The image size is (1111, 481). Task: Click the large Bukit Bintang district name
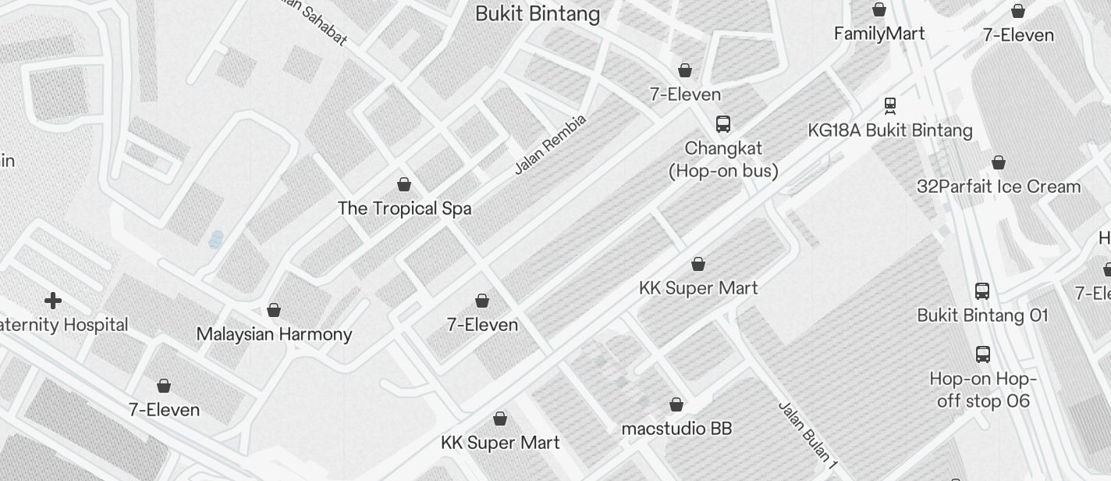pyautogui.click(x=538, y=14)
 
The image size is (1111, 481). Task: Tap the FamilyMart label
pyautogui.click(x=879, y=34)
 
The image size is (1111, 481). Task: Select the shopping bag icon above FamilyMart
pyautogui.click(x=879, y=9)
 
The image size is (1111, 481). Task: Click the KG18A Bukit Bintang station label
pyautogui.click(x=890, y=130)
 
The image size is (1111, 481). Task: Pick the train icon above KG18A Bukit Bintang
pyautogui.click(x=890, y=105)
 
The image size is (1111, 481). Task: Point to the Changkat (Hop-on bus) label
pyautogui.click(x=723, y=159)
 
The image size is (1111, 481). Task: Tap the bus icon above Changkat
pyautogui.click(x=723, y=123)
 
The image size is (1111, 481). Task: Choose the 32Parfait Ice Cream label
pyautogui.click(x=999, y=187)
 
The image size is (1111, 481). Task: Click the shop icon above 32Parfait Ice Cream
pyautogui.click(x=999, y=162)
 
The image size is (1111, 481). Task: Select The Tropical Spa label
pyautogui.click(x=404, y=208)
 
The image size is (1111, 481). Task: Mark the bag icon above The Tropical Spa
pyautogui.click(x=404, y=184)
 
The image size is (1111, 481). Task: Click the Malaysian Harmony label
pyautogui.click(x=274, y=334)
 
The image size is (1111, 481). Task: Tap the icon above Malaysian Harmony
pyautogui.click(x=274, y=310)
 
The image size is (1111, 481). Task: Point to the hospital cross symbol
pyautogui.click(x=53, y=301)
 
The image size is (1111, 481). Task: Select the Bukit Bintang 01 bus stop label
pyautogui.click(x=982, y=315)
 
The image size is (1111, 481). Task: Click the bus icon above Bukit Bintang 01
pyautogui.click(x=982, y=291)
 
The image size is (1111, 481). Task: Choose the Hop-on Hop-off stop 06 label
pyautogui.click(x=982, y=390)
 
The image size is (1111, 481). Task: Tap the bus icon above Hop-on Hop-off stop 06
pyautogui.click(x=983, y=354)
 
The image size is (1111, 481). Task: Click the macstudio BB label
pyautogui.click(x=676, y=429)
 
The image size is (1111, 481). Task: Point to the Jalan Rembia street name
pyautogui.click(x=550, y=144)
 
